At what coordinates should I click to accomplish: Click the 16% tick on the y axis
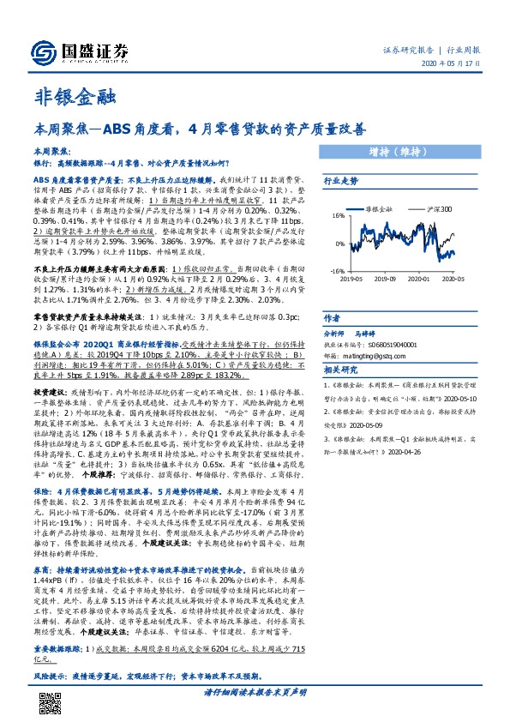[337, 217]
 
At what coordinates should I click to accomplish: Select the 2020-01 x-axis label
[421, 278]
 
